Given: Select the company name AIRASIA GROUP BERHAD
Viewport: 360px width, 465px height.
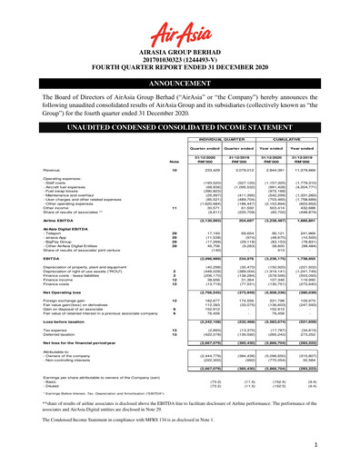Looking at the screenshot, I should (x=179, y=54).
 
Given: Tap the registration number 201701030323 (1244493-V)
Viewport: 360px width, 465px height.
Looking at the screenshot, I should (x=179, y=61).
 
